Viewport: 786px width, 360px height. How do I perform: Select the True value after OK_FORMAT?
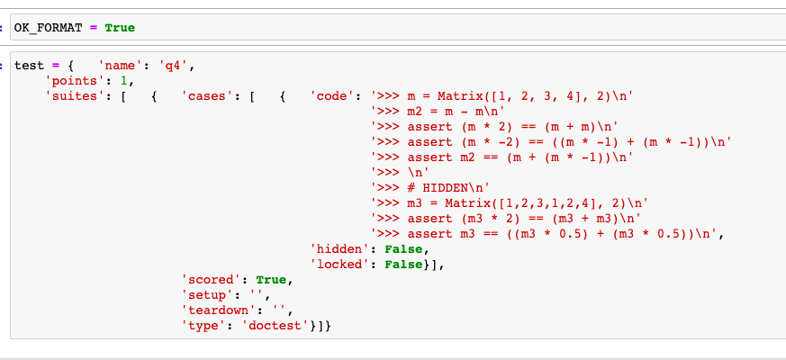pos(120,28)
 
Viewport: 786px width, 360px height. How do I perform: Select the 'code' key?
pos(335,95)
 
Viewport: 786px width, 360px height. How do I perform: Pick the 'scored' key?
pos(210,279)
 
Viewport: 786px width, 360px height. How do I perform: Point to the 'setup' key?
pos(206,294)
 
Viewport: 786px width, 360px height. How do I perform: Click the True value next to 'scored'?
pos(274,279)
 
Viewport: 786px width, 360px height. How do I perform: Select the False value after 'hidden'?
pos(402,248)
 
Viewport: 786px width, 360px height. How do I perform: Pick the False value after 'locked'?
pos(402,264)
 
